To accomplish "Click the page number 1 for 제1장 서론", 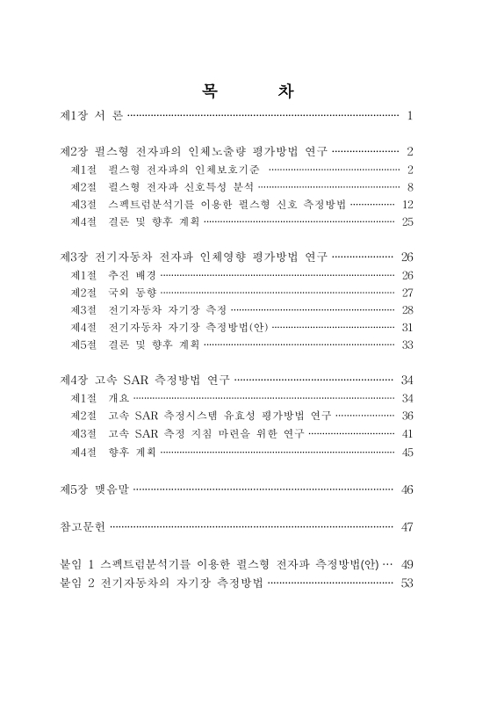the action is pyautogui.click(x=409, y=115).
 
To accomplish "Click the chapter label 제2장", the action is pyautogui.click(x=72, y=151).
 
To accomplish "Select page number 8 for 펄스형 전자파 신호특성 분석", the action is pyautogui.click(x=409, y=186).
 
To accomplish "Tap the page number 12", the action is pyautogui.click(x=407, y=204).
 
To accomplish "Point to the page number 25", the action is pyautogui.click(x=407, y=221).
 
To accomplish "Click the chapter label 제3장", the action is pyautogui.click(x=72, y=257).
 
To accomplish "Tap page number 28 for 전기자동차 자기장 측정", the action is pyautogui.click(x=407, y=310).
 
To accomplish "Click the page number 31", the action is pyautogui.click(x=407, y=328).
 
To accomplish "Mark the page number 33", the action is pyautogui.click(x=407, y=345).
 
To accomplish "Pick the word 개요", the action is pyautogui.click(x=118, y=399).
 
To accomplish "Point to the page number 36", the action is pyautogui.click(x=407, y=417).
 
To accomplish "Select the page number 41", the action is pyautogui.click(x=407, y=434).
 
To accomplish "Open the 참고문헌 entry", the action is pyautogui.click(x=82, y=527).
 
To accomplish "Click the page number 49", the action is pyautogui.click(x=407, y=563).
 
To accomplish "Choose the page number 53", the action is pyautogui.click(x=407, y=582).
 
